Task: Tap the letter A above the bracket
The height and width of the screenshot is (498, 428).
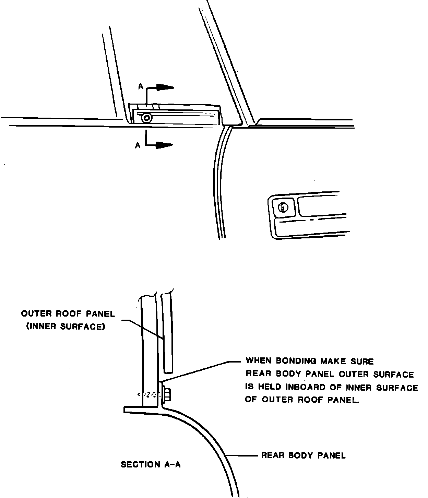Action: point(141,87)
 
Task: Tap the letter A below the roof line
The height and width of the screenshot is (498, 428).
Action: point(138,145)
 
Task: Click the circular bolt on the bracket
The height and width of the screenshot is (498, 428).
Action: point(146,118)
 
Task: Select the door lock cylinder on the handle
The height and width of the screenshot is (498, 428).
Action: point(282,207)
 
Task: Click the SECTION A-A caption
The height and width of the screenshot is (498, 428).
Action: point(151,465)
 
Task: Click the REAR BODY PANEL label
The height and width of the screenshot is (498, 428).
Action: point(304,455)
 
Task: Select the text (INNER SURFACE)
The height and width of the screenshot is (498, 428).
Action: point(66,327)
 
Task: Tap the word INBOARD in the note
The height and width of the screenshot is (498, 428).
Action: point(305,387)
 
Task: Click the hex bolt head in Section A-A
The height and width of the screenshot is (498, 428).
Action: point(168,394)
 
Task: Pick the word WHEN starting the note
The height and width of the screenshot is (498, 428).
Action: point(259,361)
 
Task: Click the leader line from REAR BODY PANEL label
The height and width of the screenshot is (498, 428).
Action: point(242,456)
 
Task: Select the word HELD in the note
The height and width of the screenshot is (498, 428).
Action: point(271,387)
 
